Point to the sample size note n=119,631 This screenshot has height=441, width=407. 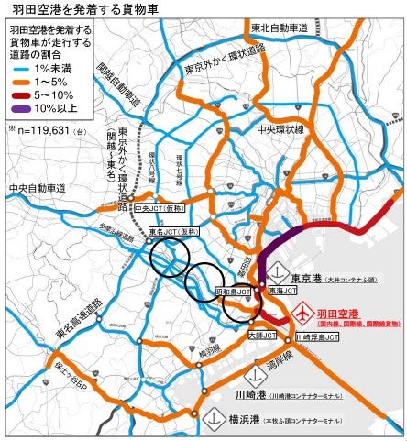click(50, 131)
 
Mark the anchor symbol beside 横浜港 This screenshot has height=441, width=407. click(212, 418)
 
